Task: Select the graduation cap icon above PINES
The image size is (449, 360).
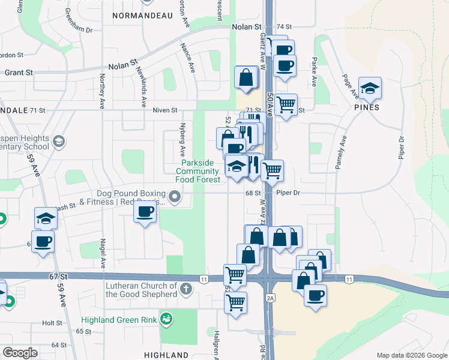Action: coord(370,88)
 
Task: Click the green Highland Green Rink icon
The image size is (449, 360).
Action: coord(166,319)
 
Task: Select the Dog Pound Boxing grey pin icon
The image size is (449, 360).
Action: coord(175,196)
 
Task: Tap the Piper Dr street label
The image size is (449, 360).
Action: coord(288,193)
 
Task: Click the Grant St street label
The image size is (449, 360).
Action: coord(20,73)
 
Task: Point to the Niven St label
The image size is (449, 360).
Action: coord(165,110)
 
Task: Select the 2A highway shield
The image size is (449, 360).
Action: coord(270,298)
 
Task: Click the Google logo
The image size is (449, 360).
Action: coord(19,353)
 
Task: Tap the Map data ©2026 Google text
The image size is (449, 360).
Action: coord(412,355)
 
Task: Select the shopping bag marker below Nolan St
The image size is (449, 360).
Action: coord(246,77)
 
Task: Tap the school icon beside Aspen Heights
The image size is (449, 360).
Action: coord(58,142)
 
